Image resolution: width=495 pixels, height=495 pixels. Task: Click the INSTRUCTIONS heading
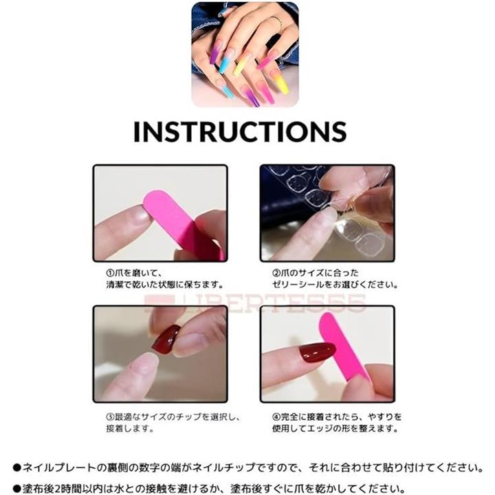click(240, 131)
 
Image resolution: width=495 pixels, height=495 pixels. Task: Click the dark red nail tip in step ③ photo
click(166, 339)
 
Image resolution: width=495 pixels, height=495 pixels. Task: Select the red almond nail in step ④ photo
click(317, 352)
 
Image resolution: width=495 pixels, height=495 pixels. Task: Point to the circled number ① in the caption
click(110, 273)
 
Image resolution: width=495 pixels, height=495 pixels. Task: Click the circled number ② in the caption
click(276, 273)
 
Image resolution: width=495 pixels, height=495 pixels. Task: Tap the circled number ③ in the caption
click(110, 417)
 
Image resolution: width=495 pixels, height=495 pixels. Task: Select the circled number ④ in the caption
click(276, 417)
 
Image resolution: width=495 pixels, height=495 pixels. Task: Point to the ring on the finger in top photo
click(276, 23)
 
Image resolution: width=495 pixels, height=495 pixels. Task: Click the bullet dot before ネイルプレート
click(17, 468)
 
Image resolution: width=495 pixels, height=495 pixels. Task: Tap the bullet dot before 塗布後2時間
click(17, 489)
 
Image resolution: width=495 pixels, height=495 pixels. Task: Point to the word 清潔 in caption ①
click(113, 285)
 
